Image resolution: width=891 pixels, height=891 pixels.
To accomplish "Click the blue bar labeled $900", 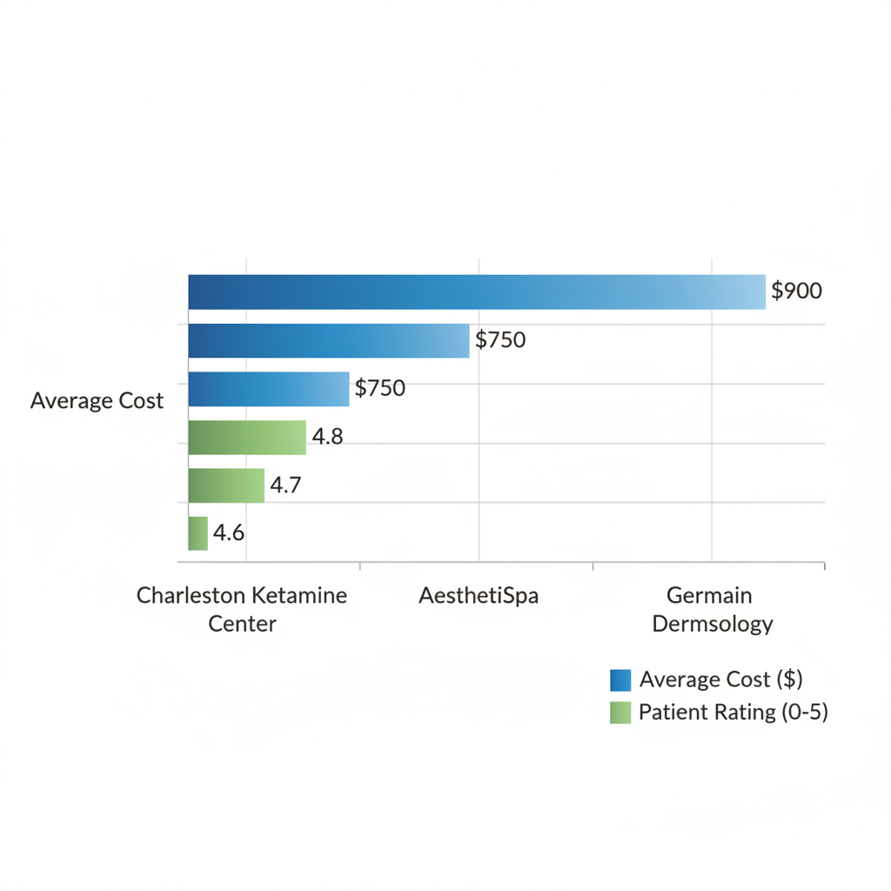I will coord(477,291).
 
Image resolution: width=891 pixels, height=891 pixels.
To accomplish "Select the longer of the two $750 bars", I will coord(329,340).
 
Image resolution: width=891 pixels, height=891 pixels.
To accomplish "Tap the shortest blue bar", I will coord(269,389).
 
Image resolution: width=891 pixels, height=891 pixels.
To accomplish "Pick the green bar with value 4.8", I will coord(247,438).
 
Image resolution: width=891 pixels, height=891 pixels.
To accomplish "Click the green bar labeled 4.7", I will coord(226,486).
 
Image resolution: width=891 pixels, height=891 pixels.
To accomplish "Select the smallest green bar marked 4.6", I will coord(198,533).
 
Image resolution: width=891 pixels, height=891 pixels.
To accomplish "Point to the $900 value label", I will coord(796,291).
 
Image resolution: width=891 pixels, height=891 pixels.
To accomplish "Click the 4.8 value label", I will coord(327,437).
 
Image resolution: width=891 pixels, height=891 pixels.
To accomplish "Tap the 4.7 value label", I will coord(285,486).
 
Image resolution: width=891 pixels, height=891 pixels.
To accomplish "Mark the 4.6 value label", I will coord(229,533).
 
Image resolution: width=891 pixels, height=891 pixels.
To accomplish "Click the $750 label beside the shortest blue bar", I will coord(380,388).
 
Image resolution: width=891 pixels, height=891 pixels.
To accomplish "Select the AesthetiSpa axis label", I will coord(479,596).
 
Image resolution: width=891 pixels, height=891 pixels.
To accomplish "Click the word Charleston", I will coord(191,596).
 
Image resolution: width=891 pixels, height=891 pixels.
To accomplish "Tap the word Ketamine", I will coord(299,596).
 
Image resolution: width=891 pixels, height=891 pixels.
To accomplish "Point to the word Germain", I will coord(709,596).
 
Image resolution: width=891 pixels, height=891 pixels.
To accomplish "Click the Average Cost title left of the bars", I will coord(97,401).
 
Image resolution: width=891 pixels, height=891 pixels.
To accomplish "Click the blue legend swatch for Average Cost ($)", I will coord(620,680).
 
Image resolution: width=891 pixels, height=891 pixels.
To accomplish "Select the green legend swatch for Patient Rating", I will coord(620,713).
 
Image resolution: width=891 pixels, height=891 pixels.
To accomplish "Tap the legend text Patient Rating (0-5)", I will coord(733,713).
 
